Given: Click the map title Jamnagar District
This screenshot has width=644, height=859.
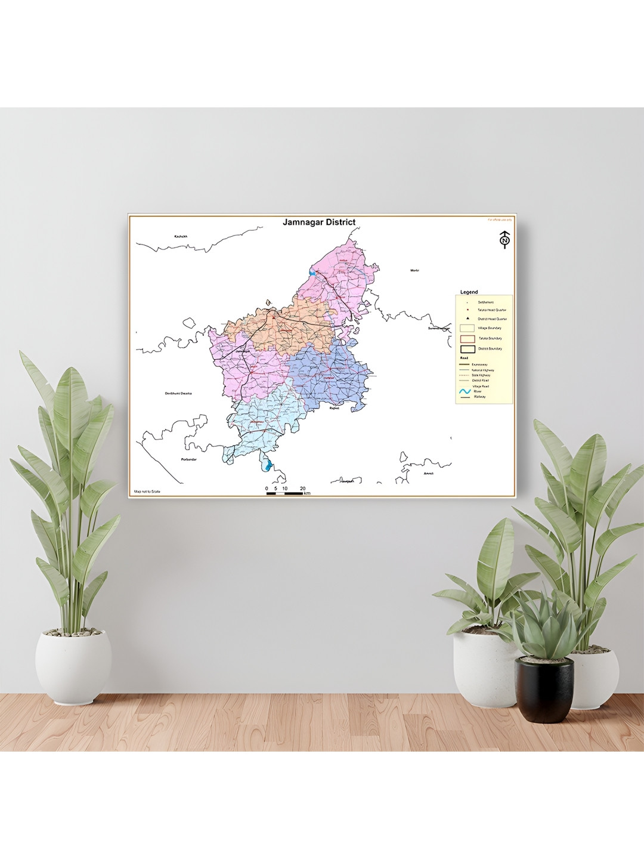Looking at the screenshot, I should (319, 223).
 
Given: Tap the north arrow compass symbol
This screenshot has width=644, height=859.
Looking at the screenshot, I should (505, 239).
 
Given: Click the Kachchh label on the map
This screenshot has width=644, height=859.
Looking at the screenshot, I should (181, 236).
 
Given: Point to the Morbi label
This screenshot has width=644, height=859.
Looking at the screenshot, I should (414, 270).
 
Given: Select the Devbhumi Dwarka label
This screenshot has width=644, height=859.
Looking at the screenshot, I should (178, 393).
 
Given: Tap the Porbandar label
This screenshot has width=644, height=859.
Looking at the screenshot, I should (188, 459).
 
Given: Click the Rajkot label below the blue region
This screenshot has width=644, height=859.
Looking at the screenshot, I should (334, 409).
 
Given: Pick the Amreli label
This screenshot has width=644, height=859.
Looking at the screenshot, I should (428, 474).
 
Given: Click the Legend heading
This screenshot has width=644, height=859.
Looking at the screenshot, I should (469, 292).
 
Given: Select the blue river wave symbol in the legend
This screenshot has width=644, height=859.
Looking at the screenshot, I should (465, 391).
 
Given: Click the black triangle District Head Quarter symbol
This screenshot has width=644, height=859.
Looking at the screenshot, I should (467, 319).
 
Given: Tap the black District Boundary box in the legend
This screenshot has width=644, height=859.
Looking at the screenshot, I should (467, 349).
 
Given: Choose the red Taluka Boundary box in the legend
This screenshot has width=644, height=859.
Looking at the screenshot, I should (467, 339).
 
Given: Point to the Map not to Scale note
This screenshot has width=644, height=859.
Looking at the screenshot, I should (147, 492).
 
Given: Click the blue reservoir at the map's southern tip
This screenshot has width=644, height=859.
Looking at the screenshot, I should (269, 465).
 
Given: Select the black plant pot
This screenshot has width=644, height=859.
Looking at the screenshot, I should (544, 689).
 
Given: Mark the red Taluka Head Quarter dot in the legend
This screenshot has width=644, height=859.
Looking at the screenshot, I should (467, 310).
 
